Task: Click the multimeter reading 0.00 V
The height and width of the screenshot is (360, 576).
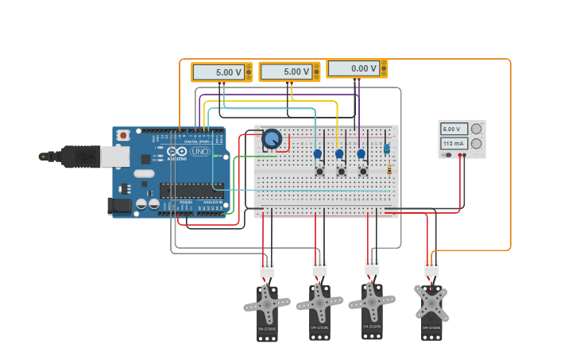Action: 354,69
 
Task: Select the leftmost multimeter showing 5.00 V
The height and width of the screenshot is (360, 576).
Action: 218,72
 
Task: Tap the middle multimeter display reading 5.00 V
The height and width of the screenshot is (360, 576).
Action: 286,72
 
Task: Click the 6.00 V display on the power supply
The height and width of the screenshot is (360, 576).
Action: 454,129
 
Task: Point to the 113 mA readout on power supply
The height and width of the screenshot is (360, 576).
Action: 454,144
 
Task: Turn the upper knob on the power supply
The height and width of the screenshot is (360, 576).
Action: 476,129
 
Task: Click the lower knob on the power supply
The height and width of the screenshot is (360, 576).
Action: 476,144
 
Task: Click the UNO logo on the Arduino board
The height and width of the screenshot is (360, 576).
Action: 199,151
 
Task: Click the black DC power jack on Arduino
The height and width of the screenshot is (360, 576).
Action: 119,206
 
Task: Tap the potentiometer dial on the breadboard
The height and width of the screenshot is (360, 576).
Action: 272,139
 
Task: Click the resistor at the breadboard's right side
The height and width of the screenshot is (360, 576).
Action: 389,168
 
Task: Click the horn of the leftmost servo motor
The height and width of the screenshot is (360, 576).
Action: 267,304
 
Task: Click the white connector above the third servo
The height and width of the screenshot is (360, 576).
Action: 372,268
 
